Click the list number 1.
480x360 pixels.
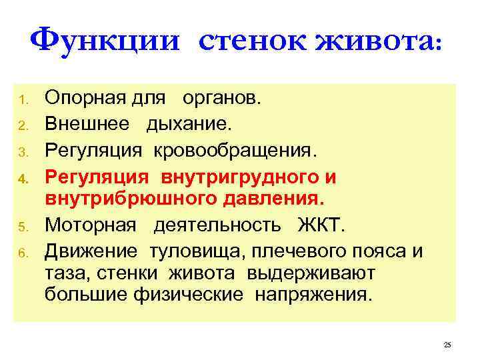tap(22, 101)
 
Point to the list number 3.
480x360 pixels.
tap(22, 151)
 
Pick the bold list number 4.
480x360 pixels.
tap(22, 178)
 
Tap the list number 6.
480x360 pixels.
tap(22, 252)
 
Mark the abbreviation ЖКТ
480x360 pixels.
tap(322, 224)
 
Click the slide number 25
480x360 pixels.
tap(447, 345)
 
